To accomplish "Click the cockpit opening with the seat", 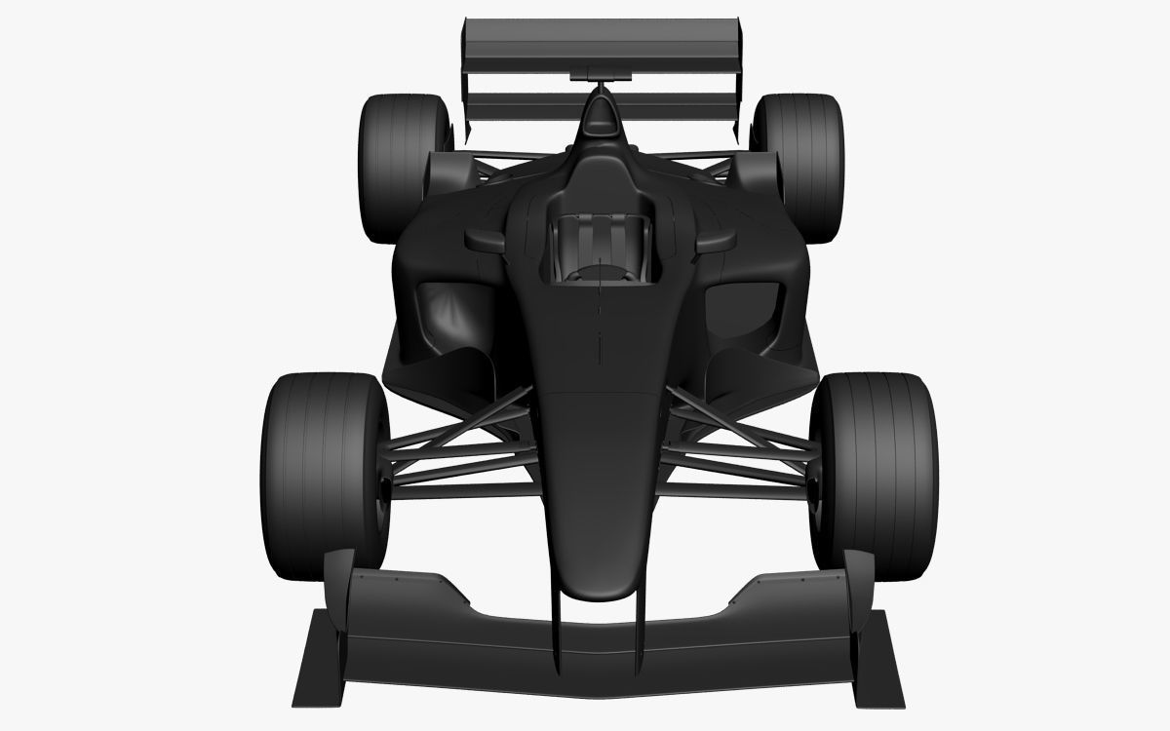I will click(x=598, y=249).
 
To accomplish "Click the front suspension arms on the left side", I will click(x=458, y=448).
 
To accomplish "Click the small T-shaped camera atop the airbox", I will click(x=598, y=73).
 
